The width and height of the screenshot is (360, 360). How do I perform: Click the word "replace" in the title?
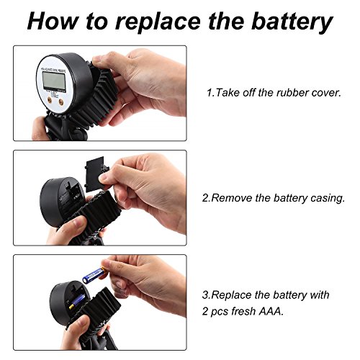[x=158, y=22]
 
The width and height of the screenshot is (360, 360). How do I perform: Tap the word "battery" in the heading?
[x=292, y=22]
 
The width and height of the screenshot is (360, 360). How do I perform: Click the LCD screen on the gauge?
[x=54, y=81]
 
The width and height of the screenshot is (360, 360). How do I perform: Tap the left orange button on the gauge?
[x=50, y=101]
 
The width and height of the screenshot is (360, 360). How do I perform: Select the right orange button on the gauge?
[x=61, y=102]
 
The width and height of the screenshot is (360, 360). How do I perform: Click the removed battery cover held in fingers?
[x=96, y=174]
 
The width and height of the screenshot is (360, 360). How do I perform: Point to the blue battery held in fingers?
[x=94, y=275]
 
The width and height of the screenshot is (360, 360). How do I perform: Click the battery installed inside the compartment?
[x=77, y=302]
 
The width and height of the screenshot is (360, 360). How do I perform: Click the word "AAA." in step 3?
[x=271, y=311]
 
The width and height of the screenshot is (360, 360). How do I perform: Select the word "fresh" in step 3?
[x=243, y=311]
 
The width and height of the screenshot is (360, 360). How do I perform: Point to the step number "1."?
[x=210, y=93]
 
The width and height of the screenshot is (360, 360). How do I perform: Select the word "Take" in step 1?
[x=228, y=93]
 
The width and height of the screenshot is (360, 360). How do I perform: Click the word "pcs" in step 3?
[x=220, y=312]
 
